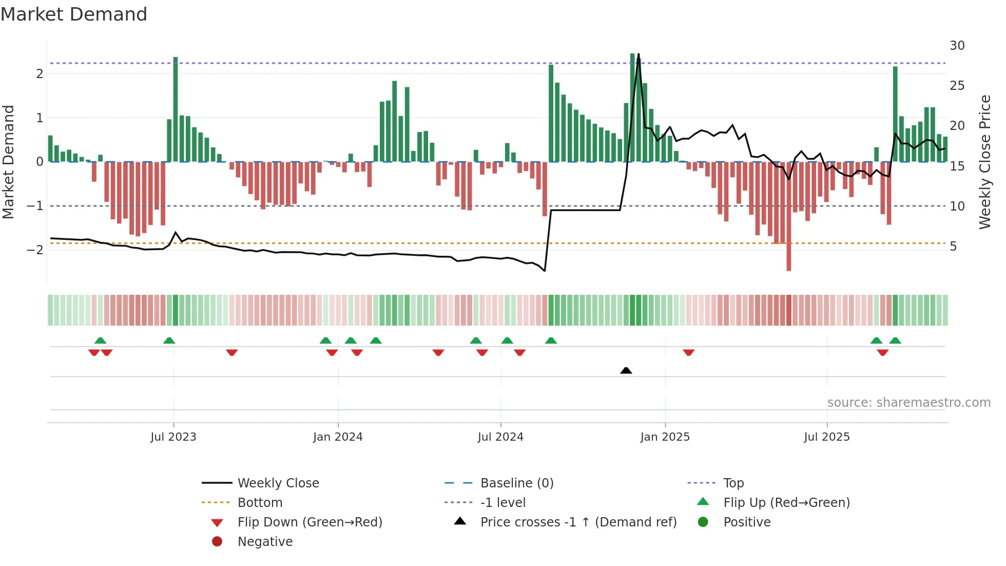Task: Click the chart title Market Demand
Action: (x=74, y=14)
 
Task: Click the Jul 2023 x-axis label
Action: (x=173, y=437)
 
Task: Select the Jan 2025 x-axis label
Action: (x=665, y=437)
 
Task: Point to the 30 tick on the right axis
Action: (x=957, y=46)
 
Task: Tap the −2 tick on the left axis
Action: (x=35, y=250)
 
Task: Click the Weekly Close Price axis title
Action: (x=984, y=162)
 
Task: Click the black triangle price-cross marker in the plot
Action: (x=626, y=370)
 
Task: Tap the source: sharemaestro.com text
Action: (x=908, y=403)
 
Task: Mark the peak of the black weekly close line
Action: (x=638, y=54)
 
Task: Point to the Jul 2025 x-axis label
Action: (x=826, y=437)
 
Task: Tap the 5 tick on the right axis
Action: (x=953, y=247)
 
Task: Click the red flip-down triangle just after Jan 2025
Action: (x=688, y=353)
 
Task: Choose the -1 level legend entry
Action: (x=502, y=503)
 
